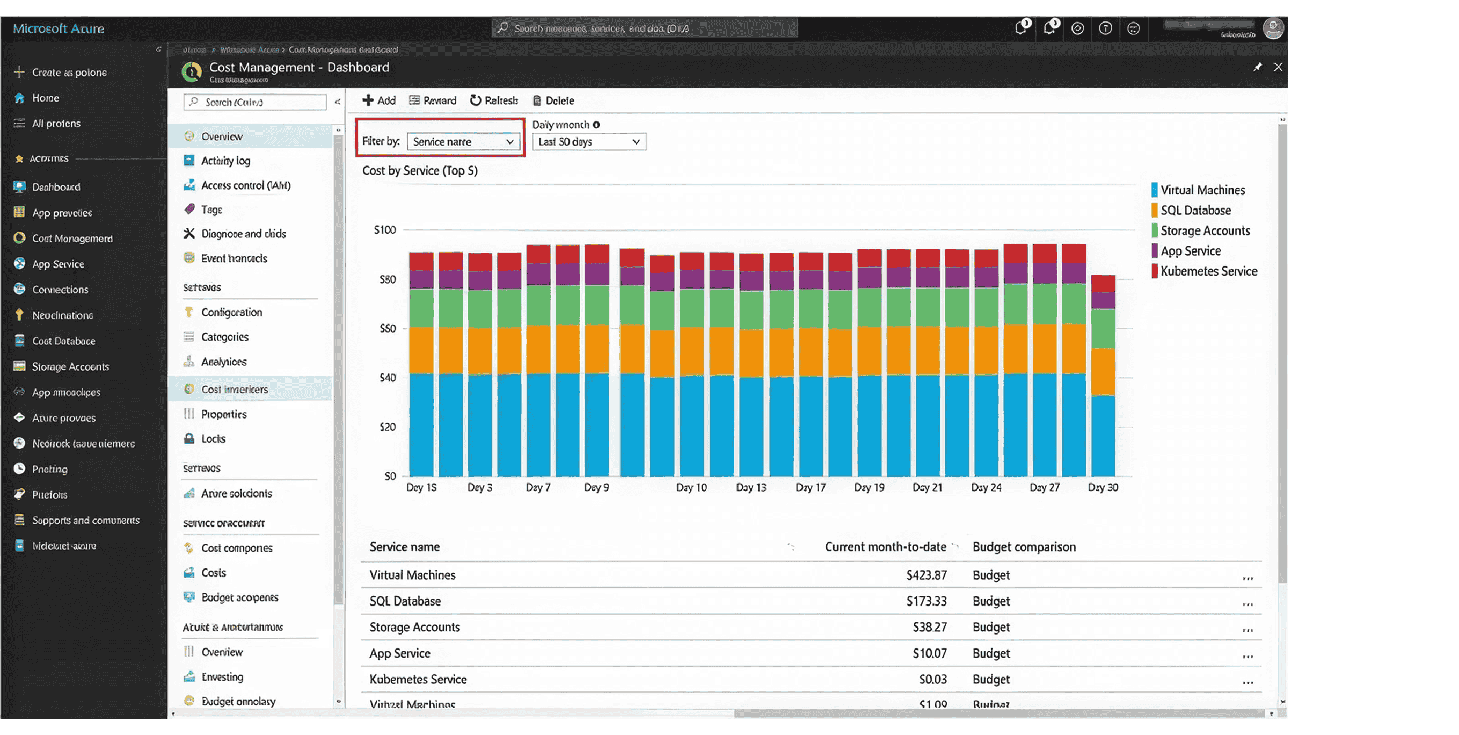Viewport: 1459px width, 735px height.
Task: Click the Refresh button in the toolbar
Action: pyautogui.click(x=494, y=100)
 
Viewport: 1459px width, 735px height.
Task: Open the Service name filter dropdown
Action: pyautogui.click(x=463, y=142)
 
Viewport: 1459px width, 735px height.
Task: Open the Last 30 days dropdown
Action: pyautogui.click(x=588, y=142)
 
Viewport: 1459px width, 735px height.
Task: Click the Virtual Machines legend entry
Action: pyautogui.click(x=1202, y=190)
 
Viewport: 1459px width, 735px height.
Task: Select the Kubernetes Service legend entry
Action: pyautogui.click(x=1208, y=271)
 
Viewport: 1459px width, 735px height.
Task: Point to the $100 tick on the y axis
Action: pyautogui.click(x=384, y=230)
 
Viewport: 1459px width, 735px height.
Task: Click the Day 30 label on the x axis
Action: pyautogui.click(x=1102, y=487)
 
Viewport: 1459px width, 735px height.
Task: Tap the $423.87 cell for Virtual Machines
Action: pyautogui.click(x=926, y=575)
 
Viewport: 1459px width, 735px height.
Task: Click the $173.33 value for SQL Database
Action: pyautogui.click(x=926, y=601)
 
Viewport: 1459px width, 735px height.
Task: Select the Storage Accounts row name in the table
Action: pyautogui.click(x=414, y=627)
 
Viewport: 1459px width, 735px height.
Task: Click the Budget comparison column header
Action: pyautogui.click(x=1024, y=547)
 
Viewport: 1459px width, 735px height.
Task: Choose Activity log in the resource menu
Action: pyautogui.click(x=225, y=161)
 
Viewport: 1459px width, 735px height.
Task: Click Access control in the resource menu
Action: pyautogui.click(x=245, y=185)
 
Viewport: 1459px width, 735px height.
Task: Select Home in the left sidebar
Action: pyautogui.click(x=45, y=98)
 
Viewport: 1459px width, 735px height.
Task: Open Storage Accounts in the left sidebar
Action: pyautogui.click(x=70, y=366)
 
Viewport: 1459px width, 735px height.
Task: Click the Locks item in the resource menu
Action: pyautogui.click(x=213, y=438)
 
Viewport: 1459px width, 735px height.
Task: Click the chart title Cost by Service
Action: pyautogui.click(x=420, y=170)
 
